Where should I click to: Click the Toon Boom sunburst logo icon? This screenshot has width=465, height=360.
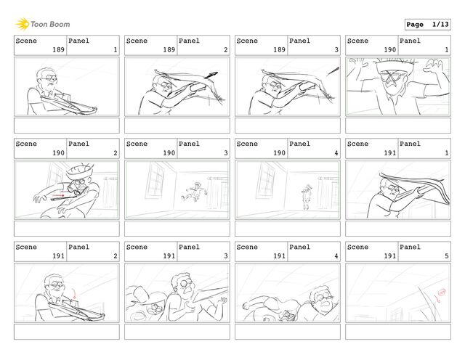coord(23,24)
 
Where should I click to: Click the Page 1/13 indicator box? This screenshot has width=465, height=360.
coord(428,25)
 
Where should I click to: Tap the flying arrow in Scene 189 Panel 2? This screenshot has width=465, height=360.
coord(211,75)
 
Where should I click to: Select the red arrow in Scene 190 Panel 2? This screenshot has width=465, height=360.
coord(58,195)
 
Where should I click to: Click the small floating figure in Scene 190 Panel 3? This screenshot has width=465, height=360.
coord(195,192)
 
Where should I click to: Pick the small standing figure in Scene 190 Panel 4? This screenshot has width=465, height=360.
coord(307,197)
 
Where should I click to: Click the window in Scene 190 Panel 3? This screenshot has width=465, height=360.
coord(155,180)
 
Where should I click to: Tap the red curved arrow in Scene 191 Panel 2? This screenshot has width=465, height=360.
coord(74,294)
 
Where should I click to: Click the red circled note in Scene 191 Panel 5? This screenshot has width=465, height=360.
coord(442,292)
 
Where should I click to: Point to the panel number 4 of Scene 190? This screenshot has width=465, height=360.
coord(336,153)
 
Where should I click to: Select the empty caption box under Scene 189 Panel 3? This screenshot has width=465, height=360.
coord(288,126)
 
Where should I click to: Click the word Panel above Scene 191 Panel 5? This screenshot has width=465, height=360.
coord(410,247)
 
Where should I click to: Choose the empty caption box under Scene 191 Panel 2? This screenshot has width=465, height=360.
coord(67,332)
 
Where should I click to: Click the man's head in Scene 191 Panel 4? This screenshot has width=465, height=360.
coord(323,298)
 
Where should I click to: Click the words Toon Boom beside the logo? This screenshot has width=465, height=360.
coord(50,24)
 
